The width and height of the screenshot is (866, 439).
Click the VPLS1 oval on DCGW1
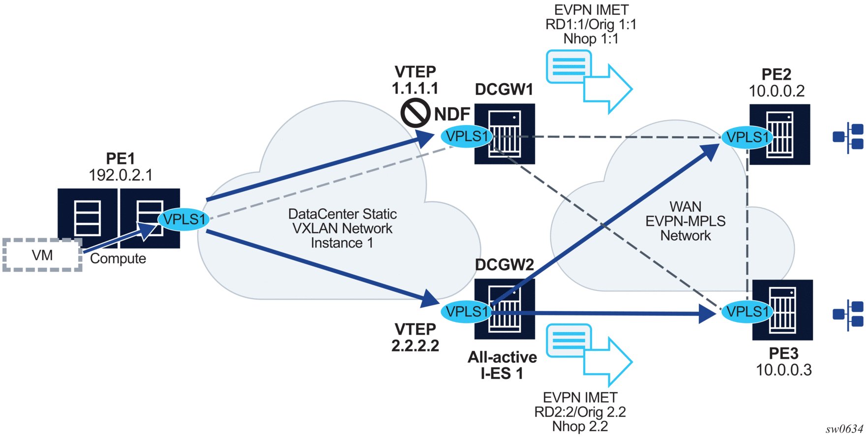coord(467,136)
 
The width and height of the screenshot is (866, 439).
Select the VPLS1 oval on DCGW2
coord(467,311)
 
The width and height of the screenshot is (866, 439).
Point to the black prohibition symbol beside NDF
coord(416,113)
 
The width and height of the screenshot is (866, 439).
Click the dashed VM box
coord(42,255)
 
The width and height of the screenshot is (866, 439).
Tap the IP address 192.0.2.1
coord(120,175)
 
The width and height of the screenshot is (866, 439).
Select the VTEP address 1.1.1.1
coord(415,88)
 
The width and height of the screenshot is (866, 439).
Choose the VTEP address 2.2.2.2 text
coord(415,345)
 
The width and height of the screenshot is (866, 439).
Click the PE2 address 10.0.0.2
coord(776,91)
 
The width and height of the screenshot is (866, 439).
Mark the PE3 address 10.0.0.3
coord(783,370)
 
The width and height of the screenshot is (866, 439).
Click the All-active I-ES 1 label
coord(502,365)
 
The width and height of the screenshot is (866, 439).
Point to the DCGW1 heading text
coord(504,90)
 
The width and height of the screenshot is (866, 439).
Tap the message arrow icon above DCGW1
coord(589,81)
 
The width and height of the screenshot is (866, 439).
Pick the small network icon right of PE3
coord(848,314)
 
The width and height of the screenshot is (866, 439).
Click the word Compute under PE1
coord(118,258)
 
